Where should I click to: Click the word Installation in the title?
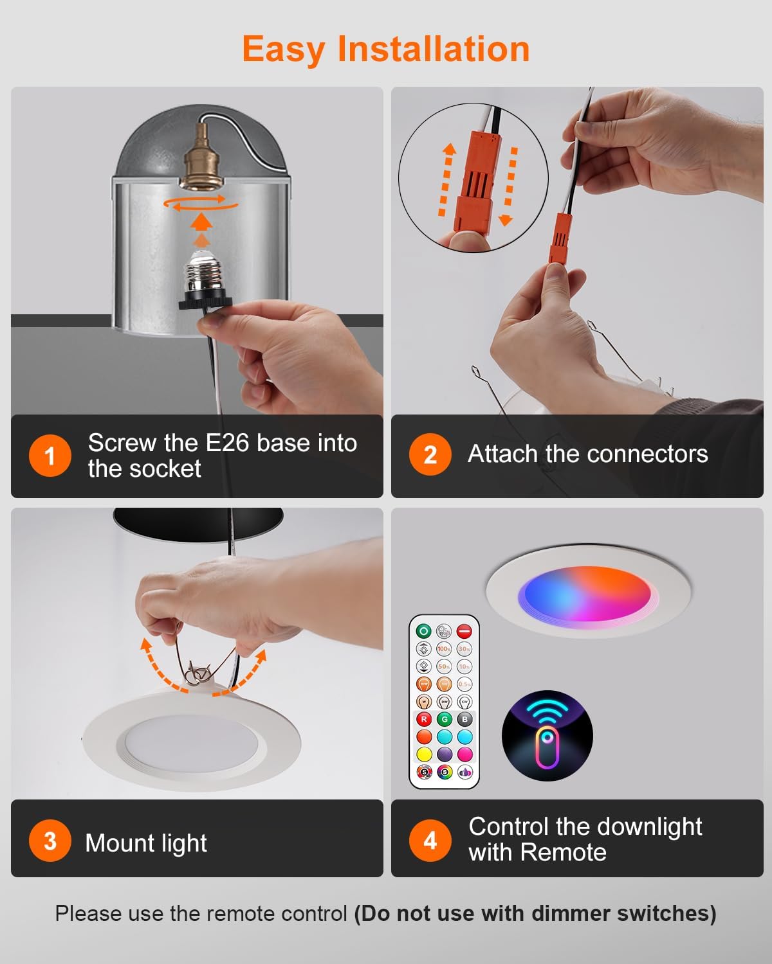pyautogui.click(x=433, y=49)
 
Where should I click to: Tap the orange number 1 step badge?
pyautogui.click(x=50, y=456)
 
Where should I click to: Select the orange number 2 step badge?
pyautogui.click(x=430, y=454)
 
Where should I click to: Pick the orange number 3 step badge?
pyautogui.click(x=50, y=841)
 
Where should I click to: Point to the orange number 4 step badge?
pyautogui.click(x=430, y=839)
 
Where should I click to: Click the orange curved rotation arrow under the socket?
pyautogui.click(x=201, y=204)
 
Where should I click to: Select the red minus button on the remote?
pyautogui.click(x=464, y=631)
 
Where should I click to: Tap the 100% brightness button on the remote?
pyautogui.click(x=444, y=649)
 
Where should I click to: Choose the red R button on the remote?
pyautogui.click(x=423, y=719)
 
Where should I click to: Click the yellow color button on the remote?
pyautogui.click(x=423, y=754)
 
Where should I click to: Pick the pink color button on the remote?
pyautogui.click(x=464, y=754)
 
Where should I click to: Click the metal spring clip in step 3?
pyautogui.click(x=196, y=674)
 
